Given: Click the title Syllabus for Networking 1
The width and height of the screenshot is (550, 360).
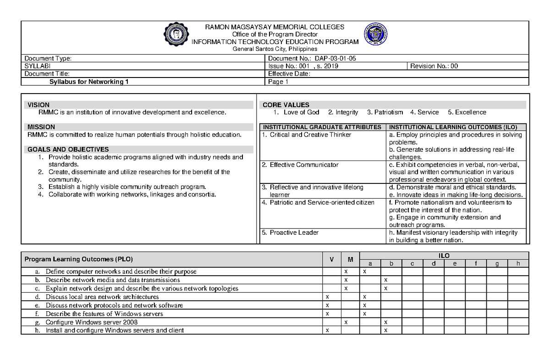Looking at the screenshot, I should (x=89, y=82).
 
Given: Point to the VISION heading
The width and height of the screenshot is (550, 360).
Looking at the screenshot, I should (x=38, y=105).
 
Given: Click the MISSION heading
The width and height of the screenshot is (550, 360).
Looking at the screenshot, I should (x=41, y=127).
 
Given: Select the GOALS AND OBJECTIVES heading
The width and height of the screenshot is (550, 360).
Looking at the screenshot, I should (x=68, y=150).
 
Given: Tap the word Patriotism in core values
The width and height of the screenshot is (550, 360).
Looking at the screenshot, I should (x=385, y=112).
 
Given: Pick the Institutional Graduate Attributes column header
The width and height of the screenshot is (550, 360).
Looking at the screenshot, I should (x=322, y=127).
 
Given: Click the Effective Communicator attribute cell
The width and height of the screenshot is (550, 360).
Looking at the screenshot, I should (x=300, y=165).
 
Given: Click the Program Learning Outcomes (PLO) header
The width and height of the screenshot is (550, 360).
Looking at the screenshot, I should (x=78, y=260).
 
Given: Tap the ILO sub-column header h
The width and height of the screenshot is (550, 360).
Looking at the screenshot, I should (x=518, y=263).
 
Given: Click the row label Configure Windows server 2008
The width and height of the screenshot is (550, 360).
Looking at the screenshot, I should (x=91, y=322).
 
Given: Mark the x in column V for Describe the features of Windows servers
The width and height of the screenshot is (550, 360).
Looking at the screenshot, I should (x=327, y=314).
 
